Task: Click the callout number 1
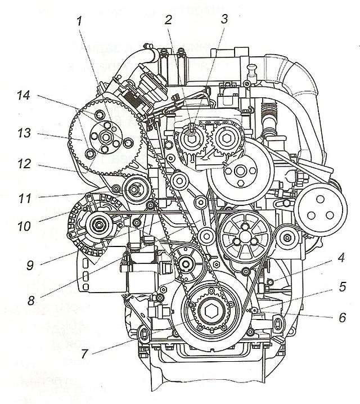tap(80, 21)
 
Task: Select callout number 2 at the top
tap(168, 20)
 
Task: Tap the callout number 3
tap(224, 19)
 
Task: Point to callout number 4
tap(341, 257)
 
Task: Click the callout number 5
tap(342, 286)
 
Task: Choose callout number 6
tap(342, 317)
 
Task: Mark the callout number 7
tap(84, 354)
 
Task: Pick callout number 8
tap(31, 300)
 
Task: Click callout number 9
tap(30, 265)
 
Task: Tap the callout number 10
tap(24, 226)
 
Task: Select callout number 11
tap(25, 199)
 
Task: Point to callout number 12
tap(24, 164)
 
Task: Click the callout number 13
tap(24, 133)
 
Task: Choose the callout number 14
tap(24, 95)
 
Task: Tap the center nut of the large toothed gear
tap(105, 137)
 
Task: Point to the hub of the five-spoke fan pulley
tap(244, 236)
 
